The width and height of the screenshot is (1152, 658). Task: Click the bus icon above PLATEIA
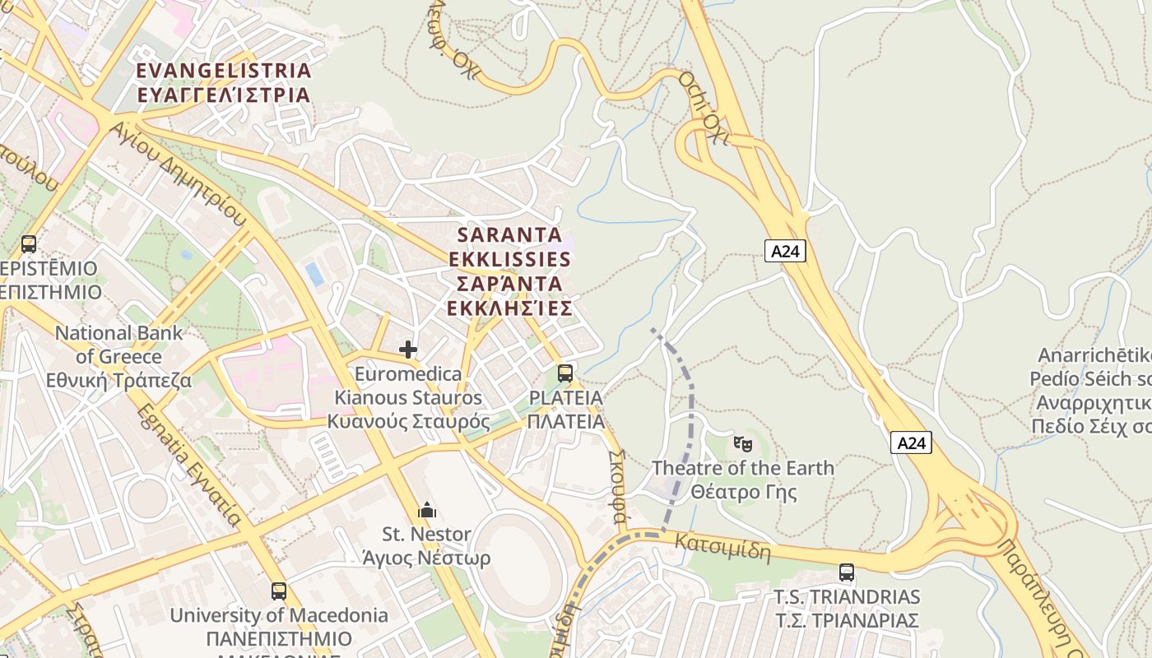(564, 373)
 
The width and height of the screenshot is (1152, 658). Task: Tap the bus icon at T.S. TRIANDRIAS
(847, 572)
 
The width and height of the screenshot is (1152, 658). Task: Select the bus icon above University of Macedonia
(279, 591)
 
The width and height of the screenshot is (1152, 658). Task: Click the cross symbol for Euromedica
(408, 350)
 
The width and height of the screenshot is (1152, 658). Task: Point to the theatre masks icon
(743, 444)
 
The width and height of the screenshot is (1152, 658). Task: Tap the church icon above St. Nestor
(426, 511)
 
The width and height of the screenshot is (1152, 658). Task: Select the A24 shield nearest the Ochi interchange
(784, 252)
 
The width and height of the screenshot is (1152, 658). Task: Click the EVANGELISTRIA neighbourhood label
(224, 82)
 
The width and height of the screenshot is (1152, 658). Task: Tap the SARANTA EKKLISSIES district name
(509, 271)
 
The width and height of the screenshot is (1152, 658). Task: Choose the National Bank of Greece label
(119, 357)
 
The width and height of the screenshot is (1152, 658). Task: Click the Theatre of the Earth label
(743, 480)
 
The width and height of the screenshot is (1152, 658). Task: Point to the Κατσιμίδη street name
(723, 547)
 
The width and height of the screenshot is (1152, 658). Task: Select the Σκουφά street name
(617, 486)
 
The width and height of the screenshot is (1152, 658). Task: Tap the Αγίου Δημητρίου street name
(177, 174)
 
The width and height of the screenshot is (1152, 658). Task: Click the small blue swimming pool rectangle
(314, 274)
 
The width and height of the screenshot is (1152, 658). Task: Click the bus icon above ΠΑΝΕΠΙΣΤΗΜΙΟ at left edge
(29, 244)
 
